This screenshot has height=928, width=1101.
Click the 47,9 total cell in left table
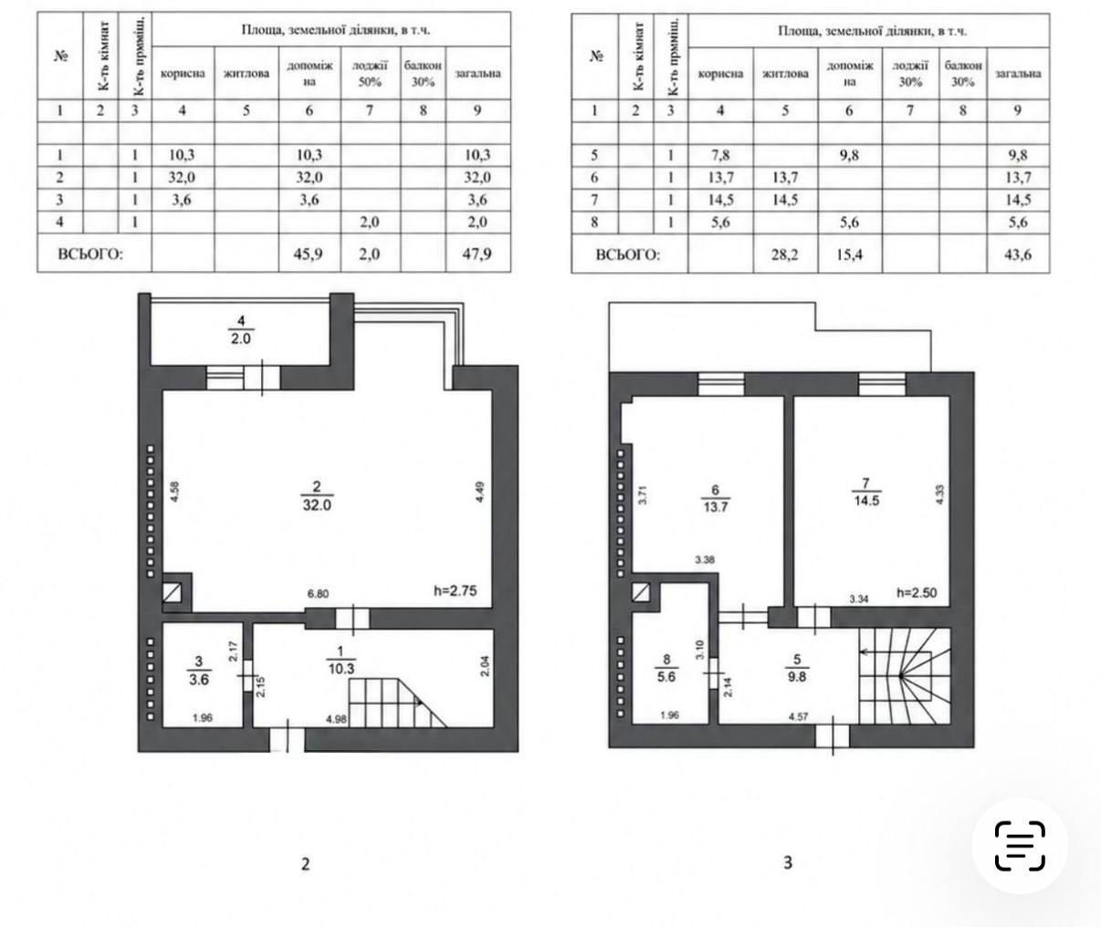[x=477, y=254]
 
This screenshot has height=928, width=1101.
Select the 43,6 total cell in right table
[x=1018, y=255]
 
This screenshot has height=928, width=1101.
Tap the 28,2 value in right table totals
[x=784, y=255]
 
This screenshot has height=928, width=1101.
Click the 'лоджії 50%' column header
[x=370, y=73]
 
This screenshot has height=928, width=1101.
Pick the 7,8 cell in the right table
[x=720, y=155]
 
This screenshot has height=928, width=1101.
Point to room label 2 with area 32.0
[x=317, y=495]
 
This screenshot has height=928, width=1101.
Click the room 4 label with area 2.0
[x=241, y=329]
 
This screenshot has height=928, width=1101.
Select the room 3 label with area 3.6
[x=199, y=671]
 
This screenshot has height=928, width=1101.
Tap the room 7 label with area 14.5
[x=866, y=492]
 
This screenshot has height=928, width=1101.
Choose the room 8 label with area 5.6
[x=666, y=668]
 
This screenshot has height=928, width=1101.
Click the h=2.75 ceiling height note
[x=455, y=590]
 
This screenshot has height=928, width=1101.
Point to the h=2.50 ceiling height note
[x=917, y=593]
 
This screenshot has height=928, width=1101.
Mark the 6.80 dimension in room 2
[x=318, y=594]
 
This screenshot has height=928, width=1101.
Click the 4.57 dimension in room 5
[x=798, y=716]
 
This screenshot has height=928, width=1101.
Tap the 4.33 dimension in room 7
[x=939, y=495]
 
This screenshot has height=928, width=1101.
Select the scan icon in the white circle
[x=1020, y=846]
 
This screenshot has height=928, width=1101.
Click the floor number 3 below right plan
[x=788, y=862]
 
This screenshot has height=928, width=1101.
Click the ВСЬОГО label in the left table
[x=90, y=255]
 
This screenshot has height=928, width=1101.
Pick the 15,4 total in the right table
[x=849, y=255]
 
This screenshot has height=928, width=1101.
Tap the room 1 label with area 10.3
[x=341, y=661]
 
